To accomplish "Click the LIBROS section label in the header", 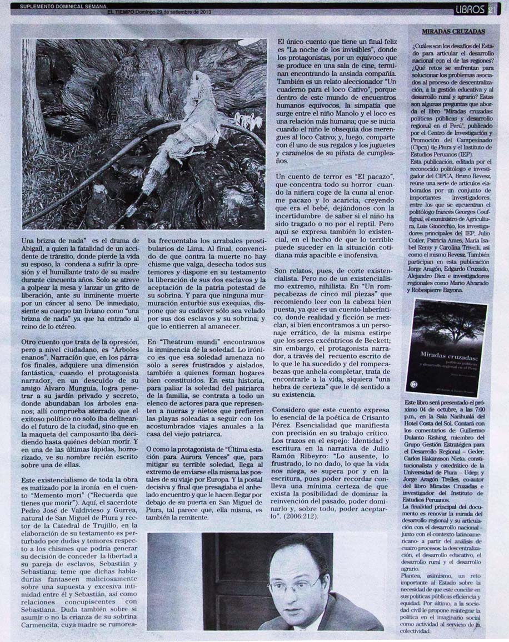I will pyautogui.click(x=470, y=9).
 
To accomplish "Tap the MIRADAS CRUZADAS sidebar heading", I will pyautogui.click(x=452, y=32).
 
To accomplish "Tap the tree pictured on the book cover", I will pyautogui.click(x=446, y=322).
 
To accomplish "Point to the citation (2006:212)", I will pyautogui.click(x=302, y=516).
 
